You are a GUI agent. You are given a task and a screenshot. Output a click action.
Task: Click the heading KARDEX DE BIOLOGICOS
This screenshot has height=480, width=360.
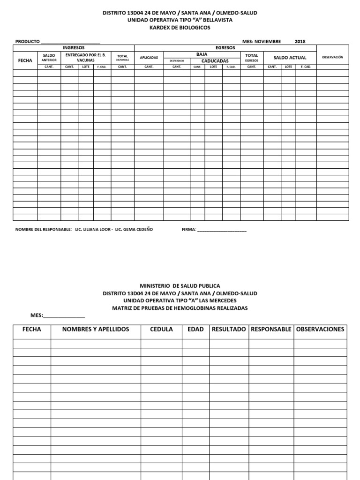(180, 28)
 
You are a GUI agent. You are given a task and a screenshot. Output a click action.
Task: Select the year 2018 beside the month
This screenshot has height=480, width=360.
(300, 41)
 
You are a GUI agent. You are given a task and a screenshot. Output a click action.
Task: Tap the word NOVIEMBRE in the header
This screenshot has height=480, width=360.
(268, 41)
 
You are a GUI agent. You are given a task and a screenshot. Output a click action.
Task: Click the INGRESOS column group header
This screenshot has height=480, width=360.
(74, 48)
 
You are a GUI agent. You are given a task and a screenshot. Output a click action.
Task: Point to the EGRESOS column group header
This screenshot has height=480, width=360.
(225, 48)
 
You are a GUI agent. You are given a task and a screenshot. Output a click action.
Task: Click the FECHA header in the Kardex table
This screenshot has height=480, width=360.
(25, 60)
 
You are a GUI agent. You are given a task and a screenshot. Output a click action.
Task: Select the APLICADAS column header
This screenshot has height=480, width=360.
(149, 58)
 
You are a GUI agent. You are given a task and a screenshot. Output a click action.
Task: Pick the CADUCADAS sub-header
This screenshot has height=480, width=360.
(215, 61)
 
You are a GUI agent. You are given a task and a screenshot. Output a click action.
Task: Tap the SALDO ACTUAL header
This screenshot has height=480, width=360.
(290, 58)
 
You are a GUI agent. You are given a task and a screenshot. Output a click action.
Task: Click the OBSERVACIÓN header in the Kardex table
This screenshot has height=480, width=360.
(332, 57)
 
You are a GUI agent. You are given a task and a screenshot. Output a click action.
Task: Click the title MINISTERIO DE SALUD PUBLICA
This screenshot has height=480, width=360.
(180, 286)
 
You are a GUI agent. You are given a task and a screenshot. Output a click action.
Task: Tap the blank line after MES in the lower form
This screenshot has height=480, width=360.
(64, 316)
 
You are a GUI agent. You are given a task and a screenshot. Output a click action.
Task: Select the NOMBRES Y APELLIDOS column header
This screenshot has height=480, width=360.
(96, 330)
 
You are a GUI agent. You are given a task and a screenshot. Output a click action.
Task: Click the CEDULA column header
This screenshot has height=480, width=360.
(161, 330)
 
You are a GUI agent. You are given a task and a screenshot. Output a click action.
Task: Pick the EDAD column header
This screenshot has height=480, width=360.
(195, 330)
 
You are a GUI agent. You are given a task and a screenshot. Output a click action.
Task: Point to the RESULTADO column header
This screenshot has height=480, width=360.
(229, 330)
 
